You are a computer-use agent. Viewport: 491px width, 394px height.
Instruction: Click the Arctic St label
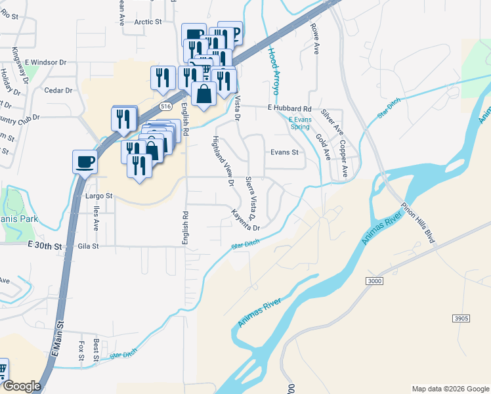148,22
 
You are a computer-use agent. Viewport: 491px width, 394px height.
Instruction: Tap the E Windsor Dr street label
46,62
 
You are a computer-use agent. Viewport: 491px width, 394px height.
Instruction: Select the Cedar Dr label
58,91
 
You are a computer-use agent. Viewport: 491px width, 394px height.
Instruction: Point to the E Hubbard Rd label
288,108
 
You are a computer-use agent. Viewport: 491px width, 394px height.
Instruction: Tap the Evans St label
284,152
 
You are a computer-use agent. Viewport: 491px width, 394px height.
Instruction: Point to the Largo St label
99,196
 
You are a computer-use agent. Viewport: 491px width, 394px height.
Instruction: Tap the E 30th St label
45,246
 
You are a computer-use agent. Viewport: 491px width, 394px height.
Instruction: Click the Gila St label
87,246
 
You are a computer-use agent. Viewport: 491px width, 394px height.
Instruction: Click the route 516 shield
166,106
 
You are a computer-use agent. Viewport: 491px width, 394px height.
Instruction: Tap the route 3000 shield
374,280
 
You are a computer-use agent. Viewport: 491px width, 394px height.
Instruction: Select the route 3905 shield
461,318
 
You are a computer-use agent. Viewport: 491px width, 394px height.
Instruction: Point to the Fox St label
81,350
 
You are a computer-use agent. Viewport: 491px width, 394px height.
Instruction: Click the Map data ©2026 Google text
450,389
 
